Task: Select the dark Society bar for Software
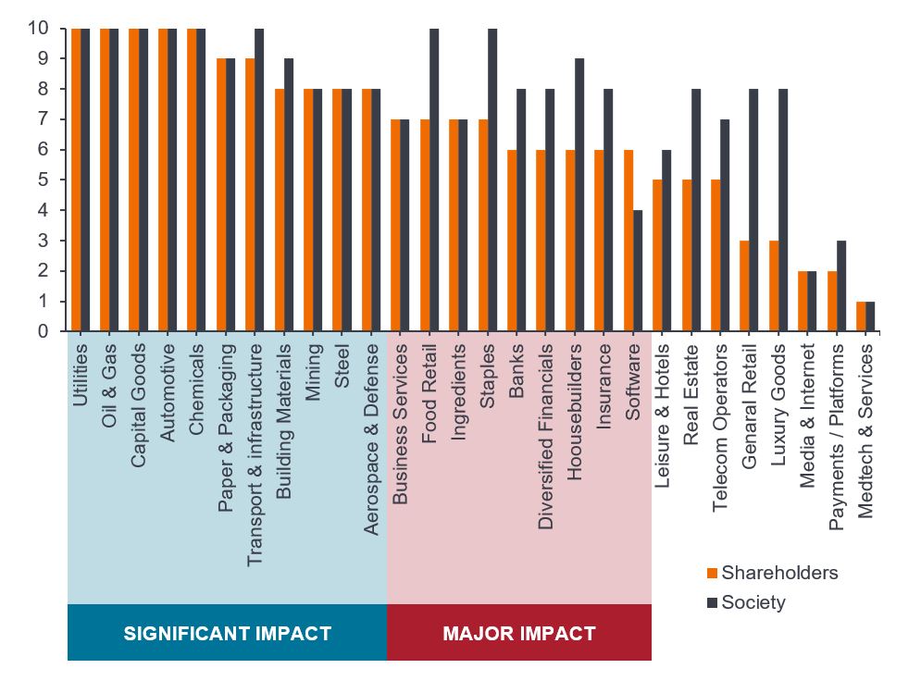(x=639, y=270)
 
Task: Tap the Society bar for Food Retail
(x=435, y=180)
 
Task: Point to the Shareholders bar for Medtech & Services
(x=862, y=316)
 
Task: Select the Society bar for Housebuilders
(x=580, y=194)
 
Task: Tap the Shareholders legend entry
(x=772, y=573)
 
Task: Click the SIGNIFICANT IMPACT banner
(x=227, y=634)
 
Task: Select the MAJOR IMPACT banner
(x=518, y=634)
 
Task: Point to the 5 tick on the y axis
(x=44, y=180)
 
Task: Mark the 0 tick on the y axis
(x=44, y=330)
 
